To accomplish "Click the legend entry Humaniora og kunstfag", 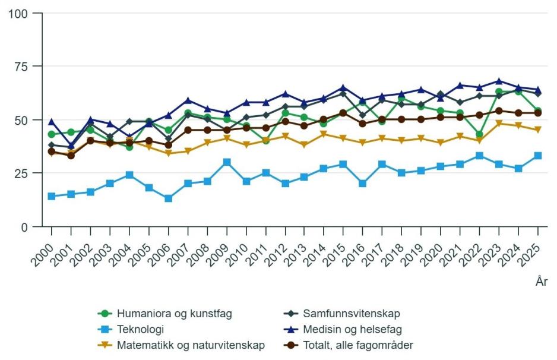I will pyautogui.click(x=174, y=313).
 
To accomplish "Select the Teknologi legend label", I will pyautogui.click(x=140, y=329).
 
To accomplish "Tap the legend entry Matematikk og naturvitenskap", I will pyautogui.click(x=191, y=345).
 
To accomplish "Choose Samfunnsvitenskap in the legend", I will pyautogui.click(x=351, y=313).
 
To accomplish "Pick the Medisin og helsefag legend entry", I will pyautogui.click(x=356, y=329).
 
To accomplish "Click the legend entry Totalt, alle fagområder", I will pyautogui.click(x=357, y=345).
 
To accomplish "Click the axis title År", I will pyautogui.click(x=541, y=282).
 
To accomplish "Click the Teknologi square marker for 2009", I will pyautogui.click(x=227, y=162).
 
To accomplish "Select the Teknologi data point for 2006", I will pyautogui.click(x=168, y=198).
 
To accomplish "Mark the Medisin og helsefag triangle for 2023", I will pyautogui.click(x=499, y=81).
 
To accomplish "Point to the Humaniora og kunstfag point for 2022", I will pyautogui.click(x=479, y=134).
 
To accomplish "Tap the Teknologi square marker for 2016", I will pyautogui.click(x=363, y=184).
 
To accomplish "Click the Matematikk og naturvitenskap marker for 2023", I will pyautogui.click(x=499, y=124).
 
